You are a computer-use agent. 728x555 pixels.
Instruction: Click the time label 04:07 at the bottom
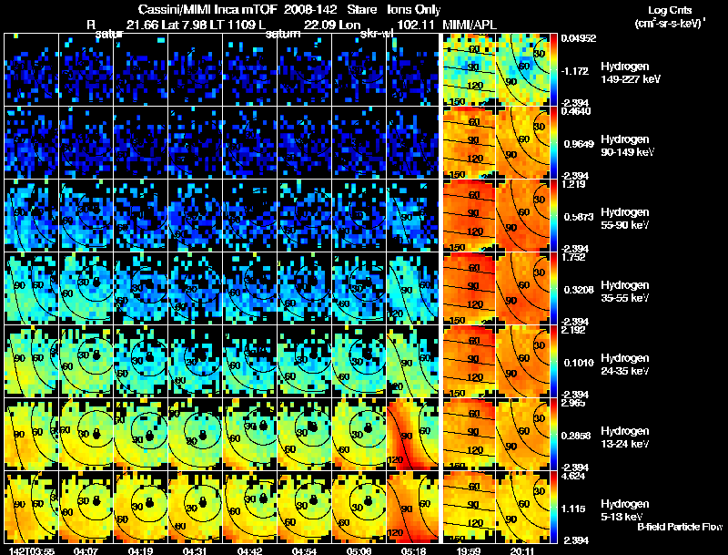(x=86, y=550)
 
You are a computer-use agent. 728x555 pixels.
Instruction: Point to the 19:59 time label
(x=468, y=550)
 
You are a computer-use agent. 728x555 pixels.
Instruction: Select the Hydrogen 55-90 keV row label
(x=626, y=219)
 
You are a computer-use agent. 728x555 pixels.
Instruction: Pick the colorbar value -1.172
(x=577, y=70)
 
